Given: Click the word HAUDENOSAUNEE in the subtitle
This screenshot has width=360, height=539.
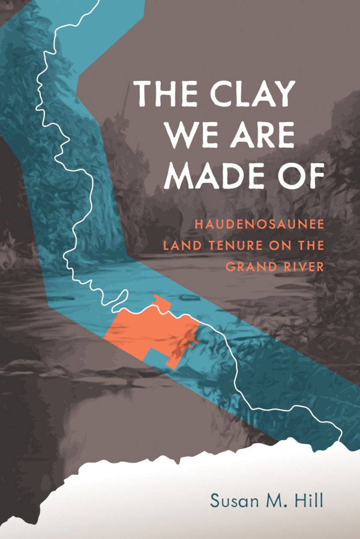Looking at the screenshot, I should pos(259,223).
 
